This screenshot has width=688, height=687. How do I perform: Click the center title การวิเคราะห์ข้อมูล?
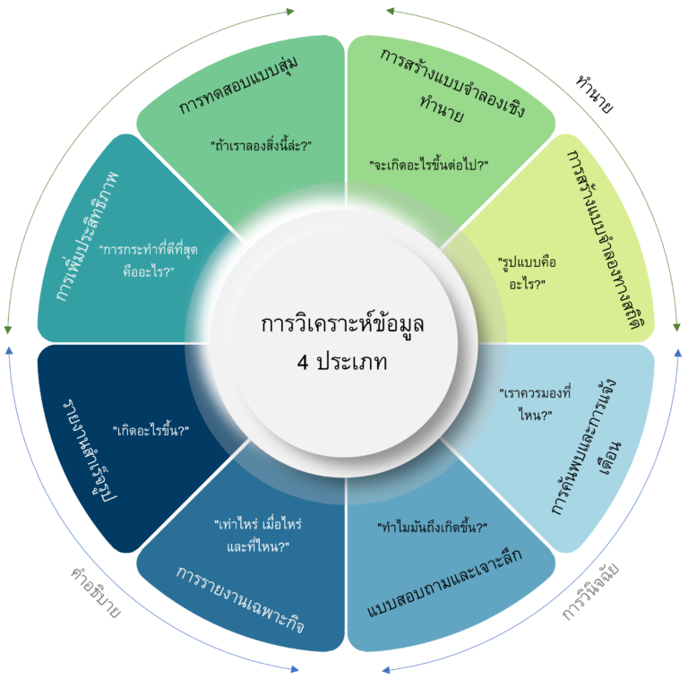pyautogui.click(x=342, y=324)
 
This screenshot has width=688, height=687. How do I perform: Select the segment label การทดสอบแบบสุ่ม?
pyautogui.click(x=238, y=85)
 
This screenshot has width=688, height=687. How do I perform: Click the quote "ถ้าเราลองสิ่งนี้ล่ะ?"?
pyautogui.click(x=261, y=145)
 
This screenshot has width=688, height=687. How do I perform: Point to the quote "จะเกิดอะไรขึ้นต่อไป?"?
pyautogui.click(x=429, y=165)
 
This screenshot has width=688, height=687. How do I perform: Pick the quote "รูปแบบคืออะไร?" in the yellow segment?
pyautogui.click(x=527, y=273)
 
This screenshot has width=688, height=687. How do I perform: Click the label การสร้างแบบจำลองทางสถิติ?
pyautogui.click(x=607, y=239)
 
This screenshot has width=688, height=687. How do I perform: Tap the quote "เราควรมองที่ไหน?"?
pyautogui.click(x=536, y=404)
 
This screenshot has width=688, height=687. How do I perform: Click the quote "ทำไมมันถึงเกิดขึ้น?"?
pyautogui.click(x=433, y=527)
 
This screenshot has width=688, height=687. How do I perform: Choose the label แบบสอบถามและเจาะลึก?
pyautogui.click(x=444, y=582)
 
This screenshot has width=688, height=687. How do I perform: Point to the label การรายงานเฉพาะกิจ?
pyautogui.click(x=240, y=599)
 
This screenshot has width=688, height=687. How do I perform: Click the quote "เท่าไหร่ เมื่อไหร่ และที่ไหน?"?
pyautogui.click(x=258, y=536)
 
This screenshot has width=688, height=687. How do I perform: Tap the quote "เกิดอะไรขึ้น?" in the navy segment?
pyautogui.click(x=150, y=430)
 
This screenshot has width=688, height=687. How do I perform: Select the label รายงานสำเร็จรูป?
pyautogui.click(x=90, y=451)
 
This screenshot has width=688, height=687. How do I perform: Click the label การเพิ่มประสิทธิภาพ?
pyautogui.click(x=87, y=236)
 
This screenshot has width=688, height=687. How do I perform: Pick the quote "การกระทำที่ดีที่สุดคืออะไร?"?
pyautogui.click(x=149, y=261)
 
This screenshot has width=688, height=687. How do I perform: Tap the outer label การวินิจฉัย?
pyautogui.click(x=590, y=592)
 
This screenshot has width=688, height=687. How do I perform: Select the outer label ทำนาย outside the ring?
pyautogui.click(x=595, y=94)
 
